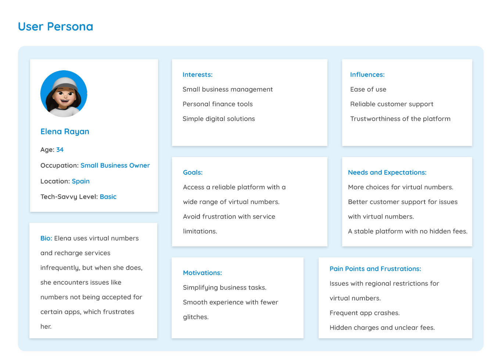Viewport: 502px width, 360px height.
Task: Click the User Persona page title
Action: (x=55, y=26)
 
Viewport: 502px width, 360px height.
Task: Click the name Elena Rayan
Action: (x=65, y=132)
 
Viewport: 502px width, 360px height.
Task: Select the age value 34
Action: (x=60, y=150)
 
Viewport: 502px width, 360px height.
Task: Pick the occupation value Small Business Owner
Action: (x=115, y=165)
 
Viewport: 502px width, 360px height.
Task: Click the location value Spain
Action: (x=80, y=181)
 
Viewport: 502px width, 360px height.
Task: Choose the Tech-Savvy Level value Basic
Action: (x=108, y=197)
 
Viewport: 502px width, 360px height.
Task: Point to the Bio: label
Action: (x=46, y=238)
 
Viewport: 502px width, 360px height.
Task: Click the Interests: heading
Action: (x=197, y=75)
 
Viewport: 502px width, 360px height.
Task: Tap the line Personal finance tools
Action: (x=218, y=104)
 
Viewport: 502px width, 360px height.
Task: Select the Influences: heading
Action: (x=367, y=75)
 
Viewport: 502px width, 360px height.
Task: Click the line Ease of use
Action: (x=368, y=89)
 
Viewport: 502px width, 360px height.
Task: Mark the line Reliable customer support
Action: (x=391, y=104)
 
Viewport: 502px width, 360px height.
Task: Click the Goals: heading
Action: (x=193, y=172)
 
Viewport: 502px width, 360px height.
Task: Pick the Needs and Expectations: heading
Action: (x=387, y=172)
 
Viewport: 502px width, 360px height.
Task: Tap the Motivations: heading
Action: (x=202, y=273)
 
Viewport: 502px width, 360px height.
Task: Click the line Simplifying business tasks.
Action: (x=225, y=288)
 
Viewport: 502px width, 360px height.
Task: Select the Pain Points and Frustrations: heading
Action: (x=375, y=269)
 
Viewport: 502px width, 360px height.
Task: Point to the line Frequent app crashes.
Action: (x=364, y=313)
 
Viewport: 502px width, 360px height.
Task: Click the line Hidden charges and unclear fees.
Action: (x=382, y=328)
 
